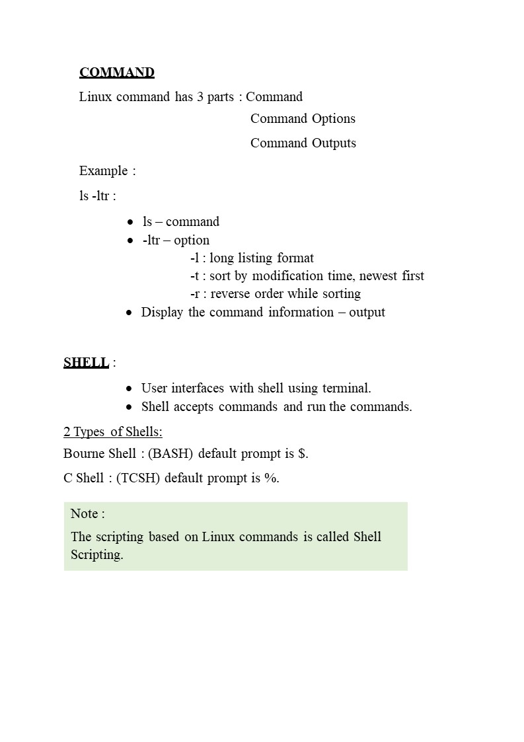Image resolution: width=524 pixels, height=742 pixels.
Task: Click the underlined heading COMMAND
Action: click(x=117, y=73)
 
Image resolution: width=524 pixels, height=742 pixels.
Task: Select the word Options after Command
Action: click(x=334, y=119)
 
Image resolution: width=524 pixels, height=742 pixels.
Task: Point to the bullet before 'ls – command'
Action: click(x=131, y=222)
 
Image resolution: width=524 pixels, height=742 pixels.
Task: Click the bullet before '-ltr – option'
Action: click(x=131, y=241)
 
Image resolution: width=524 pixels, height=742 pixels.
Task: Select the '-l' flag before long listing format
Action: click(x=194, y=258)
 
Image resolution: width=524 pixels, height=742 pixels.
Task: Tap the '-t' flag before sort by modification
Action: click(x=194, y=276)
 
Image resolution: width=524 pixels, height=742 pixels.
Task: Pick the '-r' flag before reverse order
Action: click(x=194, y=294)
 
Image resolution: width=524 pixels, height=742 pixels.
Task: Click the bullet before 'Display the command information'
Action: click(x=130, y=313)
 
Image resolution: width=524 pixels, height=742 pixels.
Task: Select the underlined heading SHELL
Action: click(x=86, y=363)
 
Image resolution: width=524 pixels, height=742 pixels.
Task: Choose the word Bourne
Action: click(x=84, y=454)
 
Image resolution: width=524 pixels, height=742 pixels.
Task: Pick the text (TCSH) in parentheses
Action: click(x=138, y=478)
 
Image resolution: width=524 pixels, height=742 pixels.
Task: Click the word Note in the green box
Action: click(x=84, y=514)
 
